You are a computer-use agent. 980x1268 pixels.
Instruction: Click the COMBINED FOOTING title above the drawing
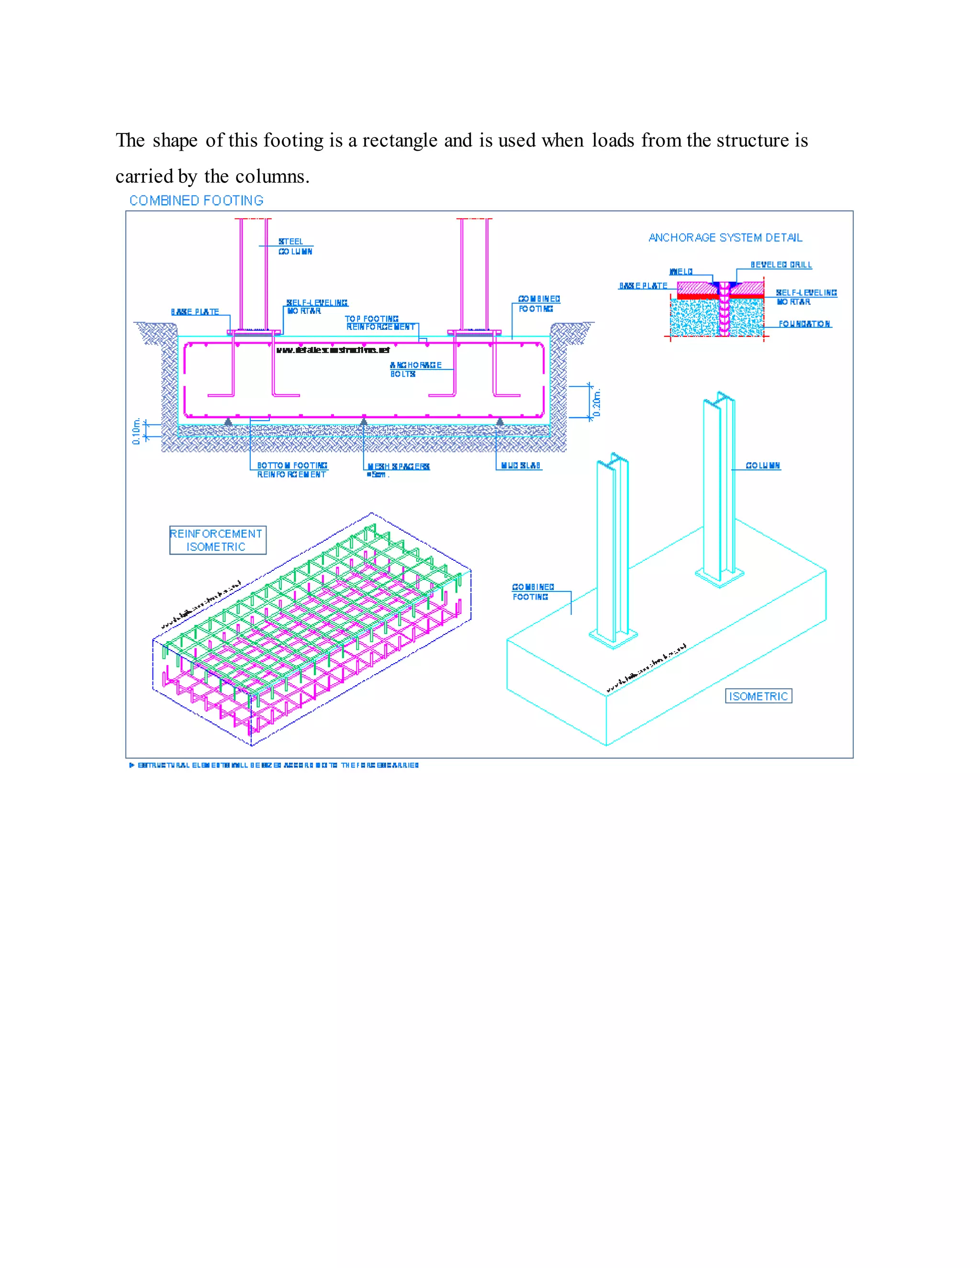tap(196, 201)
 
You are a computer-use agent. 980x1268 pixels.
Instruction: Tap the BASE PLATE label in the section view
tap(195, 312)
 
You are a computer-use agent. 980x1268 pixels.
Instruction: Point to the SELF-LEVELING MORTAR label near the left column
tap(316, 307)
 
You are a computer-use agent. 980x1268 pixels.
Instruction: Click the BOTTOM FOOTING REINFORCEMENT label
tap(292, 470)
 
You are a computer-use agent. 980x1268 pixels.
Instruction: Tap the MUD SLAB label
tap(521, 466)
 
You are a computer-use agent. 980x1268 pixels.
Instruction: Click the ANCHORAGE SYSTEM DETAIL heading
tap(725, 238)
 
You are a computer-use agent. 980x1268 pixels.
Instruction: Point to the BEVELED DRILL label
tap(781, 265)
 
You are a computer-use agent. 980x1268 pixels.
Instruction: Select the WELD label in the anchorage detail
tap(681, 272)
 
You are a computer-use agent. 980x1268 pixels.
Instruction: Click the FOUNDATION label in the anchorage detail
tap(804, 324)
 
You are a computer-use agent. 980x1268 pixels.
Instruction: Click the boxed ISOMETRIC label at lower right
tap(758, 696)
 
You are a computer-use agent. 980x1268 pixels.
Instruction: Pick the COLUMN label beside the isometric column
tap(763, 466)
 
